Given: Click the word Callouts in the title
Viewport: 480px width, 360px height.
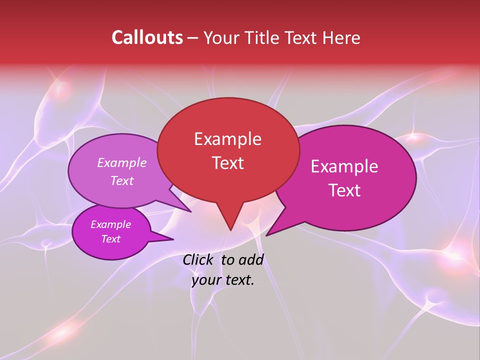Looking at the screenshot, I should tap(147, 37).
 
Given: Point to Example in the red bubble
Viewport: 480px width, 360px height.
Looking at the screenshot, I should tap(227, 139).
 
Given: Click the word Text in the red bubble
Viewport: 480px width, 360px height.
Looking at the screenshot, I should tap(227, 163).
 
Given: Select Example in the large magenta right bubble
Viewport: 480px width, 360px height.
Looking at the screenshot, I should tap(344, 166).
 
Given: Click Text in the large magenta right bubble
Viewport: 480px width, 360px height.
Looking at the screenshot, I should tap(344, 190).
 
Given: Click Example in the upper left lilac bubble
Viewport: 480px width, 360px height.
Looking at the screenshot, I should tap(122, 162).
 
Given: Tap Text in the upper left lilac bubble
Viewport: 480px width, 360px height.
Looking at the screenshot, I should tap(122, 180).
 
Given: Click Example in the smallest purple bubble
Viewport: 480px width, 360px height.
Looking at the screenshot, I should tap(111, 224).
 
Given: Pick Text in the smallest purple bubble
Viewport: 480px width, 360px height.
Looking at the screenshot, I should tap(111, 239).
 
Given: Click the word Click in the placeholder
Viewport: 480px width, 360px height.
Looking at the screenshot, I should tap(197, 259).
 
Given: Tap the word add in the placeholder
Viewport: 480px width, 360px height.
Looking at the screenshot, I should tap(251, 259).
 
